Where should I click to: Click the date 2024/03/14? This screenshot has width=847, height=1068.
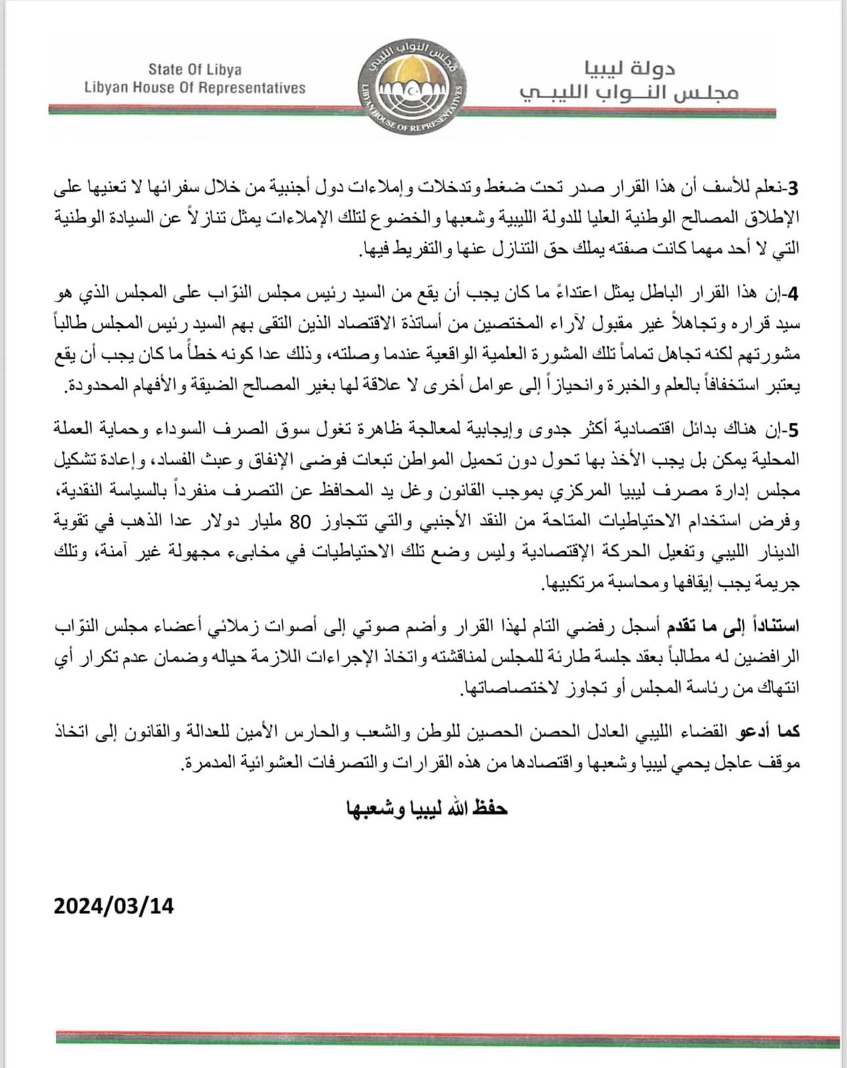click(x=114, y=906)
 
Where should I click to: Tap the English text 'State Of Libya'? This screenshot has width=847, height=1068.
click(x=195, y=69)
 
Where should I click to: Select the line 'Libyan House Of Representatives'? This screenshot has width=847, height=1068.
click(x=195, y=88)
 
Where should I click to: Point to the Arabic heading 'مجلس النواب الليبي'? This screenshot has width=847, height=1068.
click(x=629, y=92)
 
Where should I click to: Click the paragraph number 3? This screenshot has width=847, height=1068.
click(x=793, y=188)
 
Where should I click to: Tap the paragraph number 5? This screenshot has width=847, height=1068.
click(x=793, y=431)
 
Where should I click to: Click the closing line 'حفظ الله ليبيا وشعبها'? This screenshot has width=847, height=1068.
click(x=428, y=808)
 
